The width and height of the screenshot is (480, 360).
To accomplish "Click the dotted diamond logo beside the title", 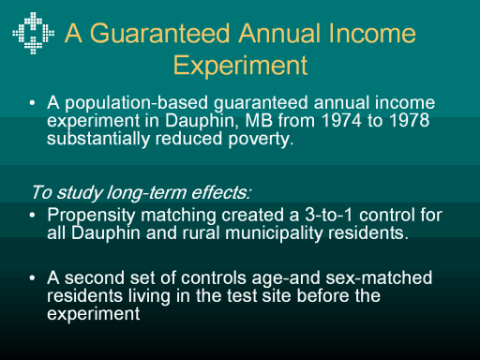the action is click(33, 33).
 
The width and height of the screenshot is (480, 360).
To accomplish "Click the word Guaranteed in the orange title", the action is click(160, 33).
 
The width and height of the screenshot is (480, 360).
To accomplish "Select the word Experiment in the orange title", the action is click(240, 66).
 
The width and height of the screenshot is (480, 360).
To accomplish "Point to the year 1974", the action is click(341, 121).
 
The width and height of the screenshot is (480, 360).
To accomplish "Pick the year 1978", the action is click(410, 121).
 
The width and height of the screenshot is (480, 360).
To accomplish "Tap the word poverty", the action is click(261, 140).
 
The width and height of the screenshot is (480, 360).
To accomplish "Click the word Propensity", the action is click(91, 216).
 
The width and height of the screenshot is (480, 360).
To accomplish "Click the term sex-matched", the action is click(379, 277).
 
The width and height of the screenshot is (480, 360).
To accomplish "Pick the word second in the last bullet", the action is click(95, 277).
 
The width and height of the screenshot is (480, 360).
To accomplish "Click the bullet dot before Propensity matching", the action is click(32, 216).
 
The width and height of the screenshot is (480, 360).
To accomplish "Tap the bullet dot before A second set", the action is click(32, 277).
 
